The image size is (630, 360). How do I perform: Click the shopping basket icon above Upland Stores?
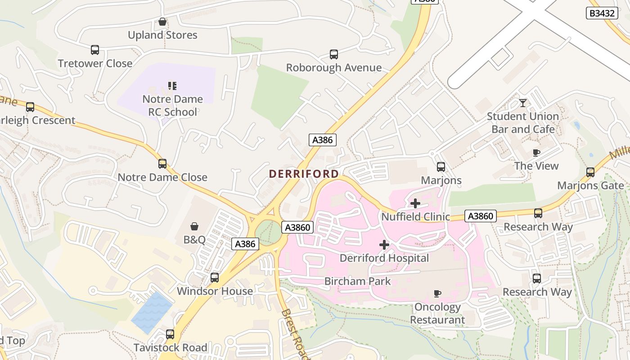click(x=162, y=22)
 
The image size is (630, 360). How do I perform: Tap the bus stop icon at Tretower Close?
click(x=94, y=50)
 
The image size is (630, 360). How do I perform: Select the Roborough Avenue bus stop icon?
click(x=333, y=54)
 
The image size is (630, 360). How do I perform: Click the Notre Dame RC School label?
click(x=172, y=105)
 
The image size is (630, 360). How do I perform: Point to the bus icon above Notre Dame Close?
click(x=162, y=164)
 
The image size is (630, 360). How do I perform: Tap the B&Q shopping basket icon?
click(x=194, y=226)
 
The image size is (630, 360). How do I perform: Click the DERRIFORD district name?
click(x=304, y=174)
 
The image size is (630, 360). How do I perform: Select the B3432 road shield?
click(x=602, y=13)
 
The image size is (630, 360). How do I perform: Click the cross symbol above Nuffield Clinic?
click(x=415, y=203)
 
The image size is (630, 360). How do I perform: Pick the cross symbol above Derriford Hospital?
click(x=384, y=245)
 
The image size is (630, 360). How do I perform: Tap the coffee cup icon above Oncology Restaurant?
click(x=436, y=294)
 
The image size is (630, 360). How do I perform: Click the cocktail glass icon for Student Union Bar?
click(x=522, y=103)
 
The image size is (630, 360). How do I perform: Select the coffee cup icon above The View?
click(x=536, y=153)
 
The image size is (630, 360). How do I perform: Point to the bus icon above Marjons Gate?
click(x=590, y=172)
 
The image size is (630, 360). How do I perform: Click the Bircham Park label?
click(x=357, y=281)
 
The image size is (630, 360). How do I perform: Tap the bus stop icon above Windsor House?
click(x=215, y=278)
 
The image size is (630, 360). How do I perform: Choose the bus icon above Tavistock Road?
click(x=170, y=334)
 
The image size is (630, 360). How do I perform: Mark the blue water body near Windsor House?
click(x=152, y=312)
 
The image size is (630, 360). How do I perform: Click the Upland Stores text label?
click(x=162, y=35)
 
